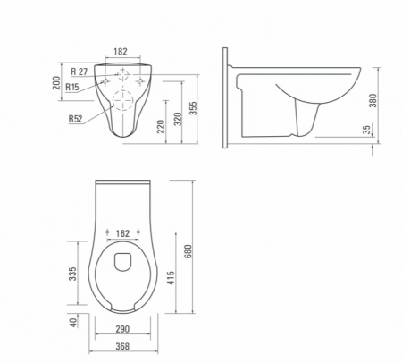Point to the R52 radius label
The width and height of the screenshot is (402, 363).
(76, 117)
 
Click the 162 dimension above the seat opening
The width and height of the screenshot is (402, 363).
(123, 233)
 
